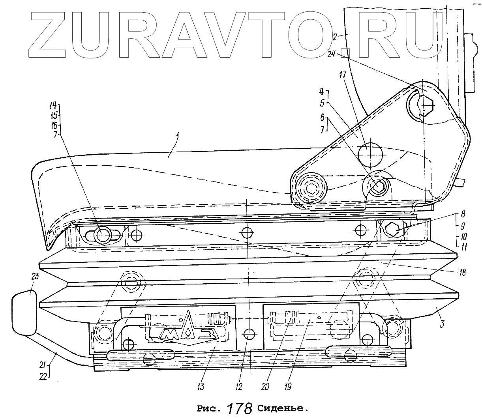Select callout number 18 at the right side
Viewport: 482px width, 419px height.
pyautogui.click(x=462, y=272)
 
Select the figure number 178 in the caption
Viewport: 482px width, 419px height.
pyautogui.click(x=240, y=408)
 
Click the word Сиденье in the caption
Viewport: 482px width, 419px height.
pyautogui.click(x=281, y=408)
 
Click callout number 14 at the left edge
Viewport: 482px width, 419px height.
pyautogui.click(x=53, y=106)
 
